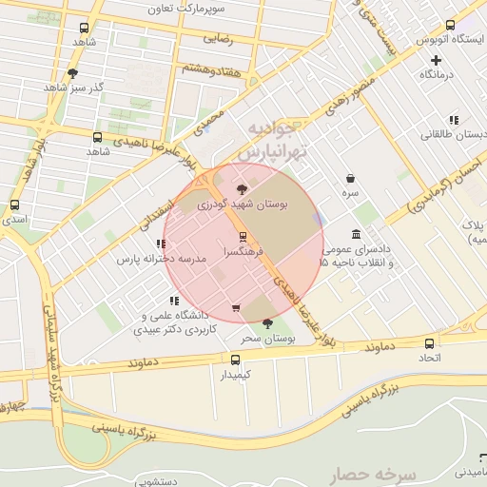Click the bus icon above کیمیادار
236,359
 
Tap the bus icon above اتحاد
430,343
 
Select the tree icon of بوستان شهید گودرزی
242,188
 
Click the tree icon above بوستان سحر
267,323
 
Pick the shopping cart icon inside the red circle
236,307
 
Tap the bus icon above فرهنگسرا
242,236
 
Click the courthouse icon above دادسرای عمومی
356,234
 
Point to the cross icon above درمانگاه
436,60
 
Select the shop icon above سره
351,178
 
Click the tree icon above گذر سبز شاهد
73,73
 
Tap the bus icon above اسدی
14,205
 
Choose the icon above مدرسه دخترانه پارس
160,244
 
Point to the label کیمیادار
235,375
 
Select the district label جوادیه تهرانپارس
272,139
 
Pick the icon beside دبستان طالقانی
454,120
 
